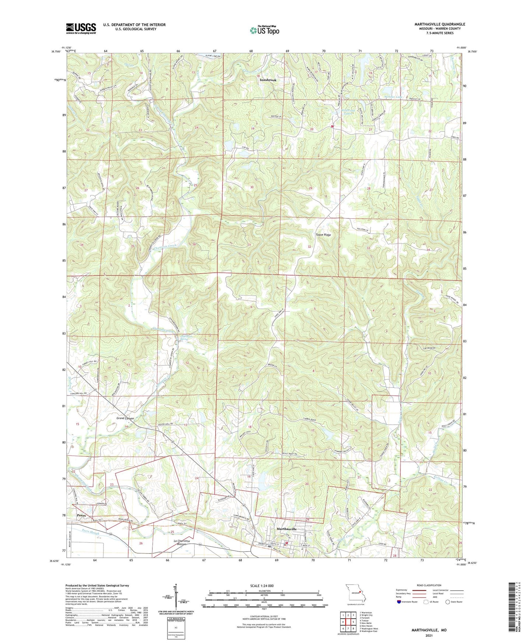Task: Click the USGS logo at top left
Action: point(81,28)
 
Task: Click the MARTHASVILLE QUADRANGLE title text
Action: point(434,24)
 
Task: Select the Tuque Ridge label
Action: point(323,235)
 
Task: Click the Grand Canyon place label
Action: point(125,418)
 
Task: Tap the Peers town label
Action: point(81,515)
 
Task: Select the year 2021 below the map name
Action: point(429,636)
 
